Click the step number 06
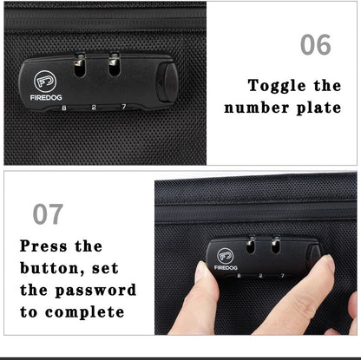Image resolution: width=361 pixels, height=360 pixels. (x=315, y=44)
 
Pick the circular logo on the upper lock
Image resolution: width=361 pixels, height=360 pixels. (x=45, y=82)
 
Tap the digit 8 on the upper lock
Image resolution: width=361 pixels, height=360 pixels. (x=65, y=108)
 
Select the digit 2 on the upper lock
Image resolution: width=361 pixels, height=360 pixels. (x=93, y=108)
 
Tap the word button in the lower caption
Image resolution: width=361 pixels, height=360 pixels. (x=50, y=268)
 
